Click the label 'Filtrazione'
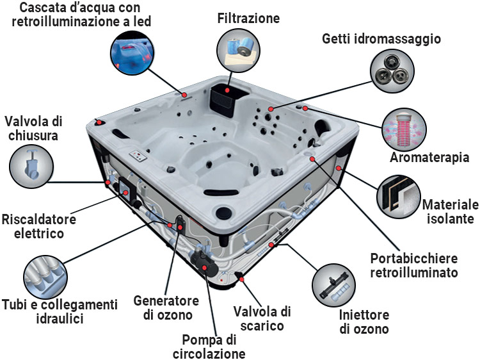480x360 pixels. click(x=248, y=18)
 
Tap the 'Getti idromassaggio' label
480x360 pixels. click(x=381, y=39)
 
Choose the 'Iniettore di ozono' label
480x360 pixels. click(x=364, y=323)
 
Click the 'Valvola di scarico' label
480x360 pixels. click(x=262, y=318)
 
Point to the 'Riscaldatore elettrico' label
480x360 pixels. click(x=38, y=226)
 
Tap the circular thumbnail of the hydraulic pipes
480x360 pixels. click(x=46, y=274)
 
